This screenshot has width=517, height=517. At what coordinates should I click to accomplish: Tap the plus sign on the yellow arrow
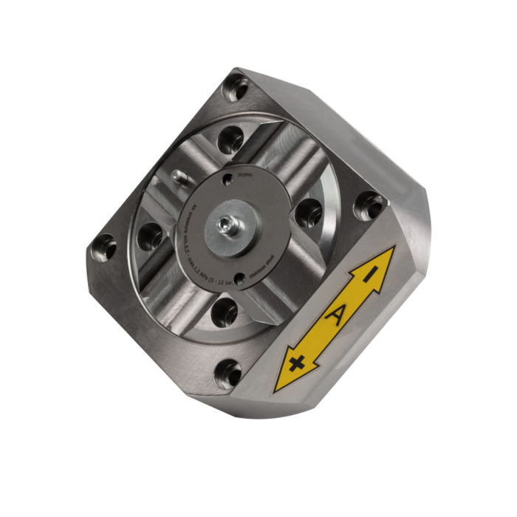[298, 362]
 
